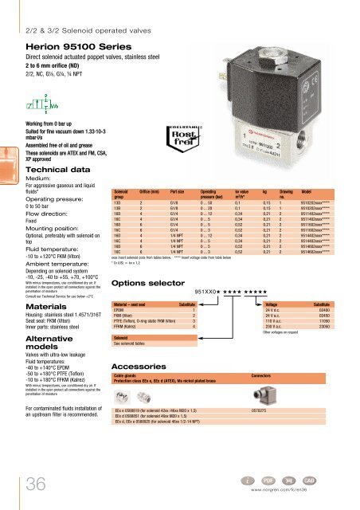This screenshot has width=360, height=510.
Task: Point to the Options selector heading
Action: coord(150,283)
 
